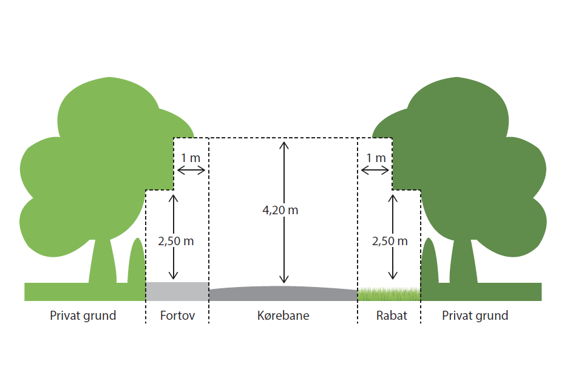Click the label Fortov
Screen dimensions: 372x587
click(x=177, y=316)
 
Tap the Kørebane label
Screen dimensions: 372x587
click(x=283, y=316)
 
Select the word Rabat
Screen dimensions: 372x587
click(x=389, y=316)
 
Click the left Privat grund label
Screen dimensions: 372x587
click(x=83, y=316)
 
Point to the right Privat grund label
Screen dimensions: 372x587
click(x=475, y=316)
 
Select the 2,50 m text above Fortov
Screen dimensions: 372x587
click(x=175, y=241)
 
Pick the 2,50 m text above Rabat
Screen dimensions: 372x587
click(x=390, y=241)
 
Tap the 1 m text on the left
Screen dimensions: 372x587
click(x=191, y=158)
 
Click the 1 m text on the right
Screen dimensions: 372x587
click(x=376, y=158)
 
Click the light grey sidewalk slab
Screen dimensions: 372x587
click(x=177, y=291)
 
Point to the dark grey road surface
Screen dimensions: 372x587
click(x=283, y=294)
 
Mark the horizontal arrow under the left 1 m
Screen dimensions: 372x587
click(x=191, y=171)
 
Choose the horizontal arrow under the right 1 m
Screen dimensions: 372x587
click(x=375, y=171)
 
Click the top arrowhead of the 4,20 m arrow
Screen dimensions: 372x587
click(x=283, y=143)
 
